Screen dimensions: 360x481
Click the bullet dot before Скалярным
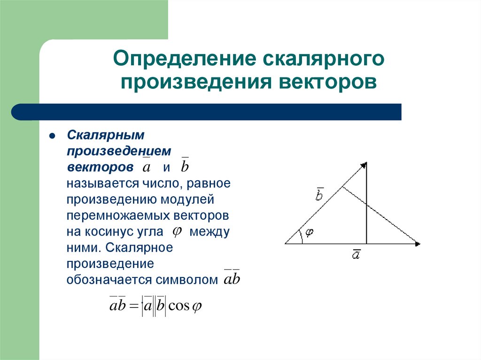click(53, 136)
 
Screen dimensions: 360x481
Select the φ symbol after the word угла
click(178, 231)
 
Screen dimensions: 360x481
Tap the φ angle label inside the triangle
click(309, 232)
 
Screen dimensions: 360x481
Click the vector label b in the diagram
click(319, 194)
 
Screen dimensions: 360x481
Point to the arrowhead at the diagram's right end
click(418, 244)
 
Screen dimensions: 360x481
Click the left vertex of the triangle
click(285, 244)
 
